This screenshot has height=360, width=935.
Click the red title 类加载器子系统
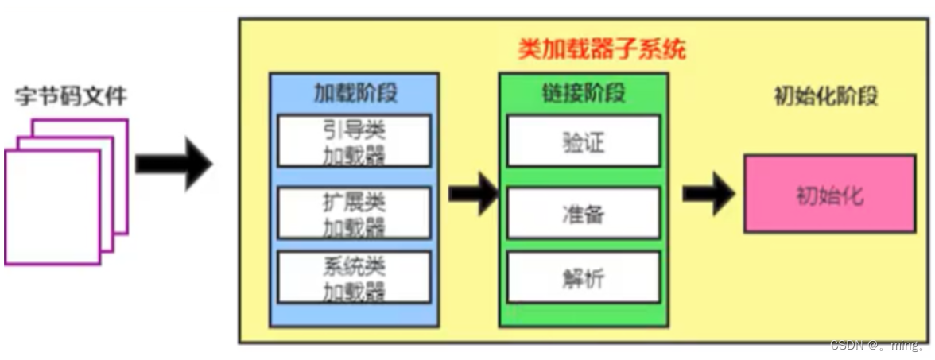602,51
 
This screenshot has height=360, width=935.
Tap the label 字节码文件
71,98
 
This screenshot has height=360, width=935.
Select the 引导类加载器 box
354,141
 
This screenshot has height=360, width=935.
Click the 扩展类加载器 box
354,213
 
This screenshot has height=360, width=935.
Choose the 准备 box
583,213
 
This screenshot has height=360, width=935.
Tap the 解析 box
583,277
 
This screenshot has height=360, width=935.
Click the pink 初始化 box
829,194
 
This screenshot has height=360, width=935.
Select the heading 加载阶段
355,93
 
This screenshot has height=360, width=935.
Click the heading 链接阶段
584,93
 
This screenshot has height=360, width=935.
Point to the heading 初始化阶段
826,97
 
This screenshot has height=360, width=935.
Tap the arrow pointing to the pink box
708,194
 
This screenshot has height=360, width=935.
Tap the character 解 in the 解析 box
571,277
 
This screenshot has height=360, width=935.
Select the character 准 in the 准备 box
571,213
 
